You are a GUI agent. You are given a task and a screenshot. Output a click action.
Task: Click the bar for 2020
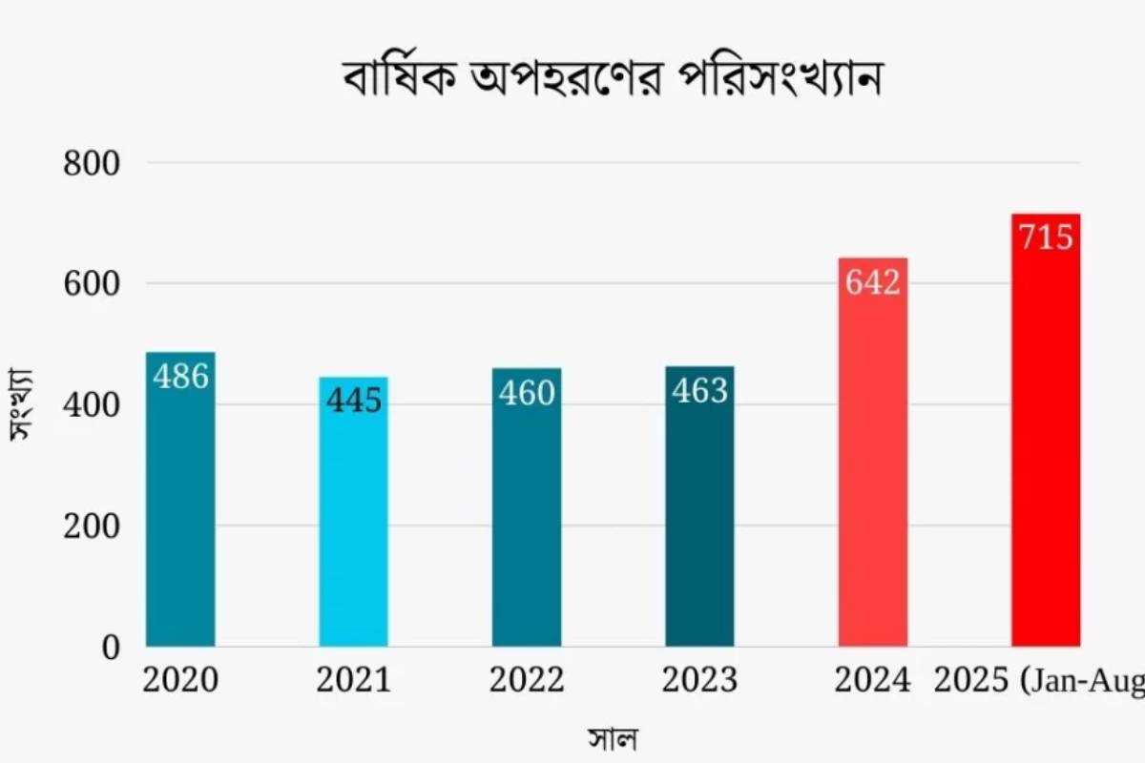[180, 515]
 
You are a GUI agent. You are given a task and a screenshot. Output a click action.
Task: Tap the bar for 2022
[527, 525]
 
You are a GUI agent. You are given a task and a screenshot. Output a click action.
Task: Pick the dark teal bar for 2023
[699, 525]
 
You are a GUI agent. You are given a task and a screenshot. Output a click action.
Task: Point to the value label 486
[180, 377]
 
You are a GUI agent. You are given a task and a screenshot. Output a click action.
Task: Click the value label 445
[353, 401]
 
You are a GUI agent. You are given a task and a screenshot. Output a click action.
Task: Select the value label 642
[873, 282]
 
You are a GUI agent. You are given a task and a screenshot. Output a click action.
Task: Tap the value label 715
[1046, 237]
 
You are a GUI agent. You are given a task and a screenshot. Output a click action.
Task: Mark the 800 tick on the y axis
[92, 163]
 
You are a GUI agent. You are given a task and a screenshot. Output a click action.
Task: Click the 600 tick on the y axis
[92, 284]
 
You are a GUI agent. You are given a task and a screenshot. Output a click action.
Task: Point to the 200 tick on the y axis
[92, 526]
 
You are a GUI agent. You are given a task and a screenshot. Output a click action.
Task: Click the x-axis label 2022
[527, 681]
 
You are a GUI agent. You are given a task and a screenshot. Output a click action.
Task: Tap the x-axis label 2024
[873, 681]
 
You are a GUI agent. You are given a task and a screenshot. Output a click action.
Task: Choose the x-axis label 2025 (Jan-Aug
[1039, 681]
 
